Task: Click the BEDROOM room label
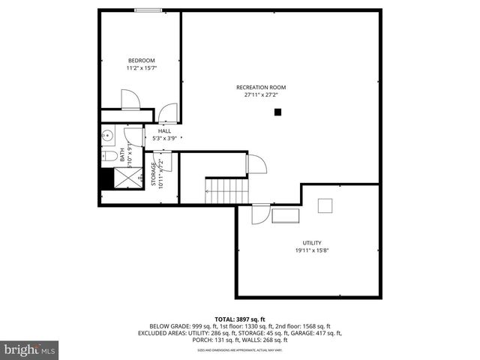click(x=141, y=61)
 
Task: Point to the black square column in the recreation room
click(x=277, y=112)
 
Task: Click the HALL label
click(x=163, y=131)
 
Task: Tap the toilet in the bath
click(x=109, y=156)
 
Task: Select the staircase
click(x=221, y=190)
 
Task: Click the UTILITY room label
click(x=312, y=243)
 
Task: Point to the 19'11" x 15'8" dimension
click(x=312, y=250)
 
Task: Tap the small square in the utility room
click(x=325, y=205)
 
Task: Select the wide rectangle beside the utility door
click(x=285, y=216)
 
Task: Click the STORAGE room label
click(x=153, y=174)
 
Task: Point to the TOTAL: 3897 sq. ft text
click(x=240, y=319)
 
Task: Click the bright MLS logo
click(x=30, y=349)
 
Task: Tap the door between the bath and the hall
click(x=133, y=136)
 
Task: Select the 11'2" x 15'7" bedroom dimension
click(x=141, y=68)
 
